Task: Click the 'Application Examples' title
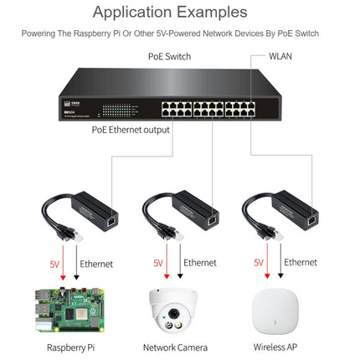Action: coord(181,12)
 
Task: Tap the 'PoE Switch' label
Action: coord(170,57)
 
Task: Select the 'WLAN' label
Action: coord(281,57)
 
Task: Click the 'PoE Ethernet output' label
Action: coord(131,130)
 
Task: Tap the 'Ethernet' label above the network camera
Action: coord(200,263)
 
